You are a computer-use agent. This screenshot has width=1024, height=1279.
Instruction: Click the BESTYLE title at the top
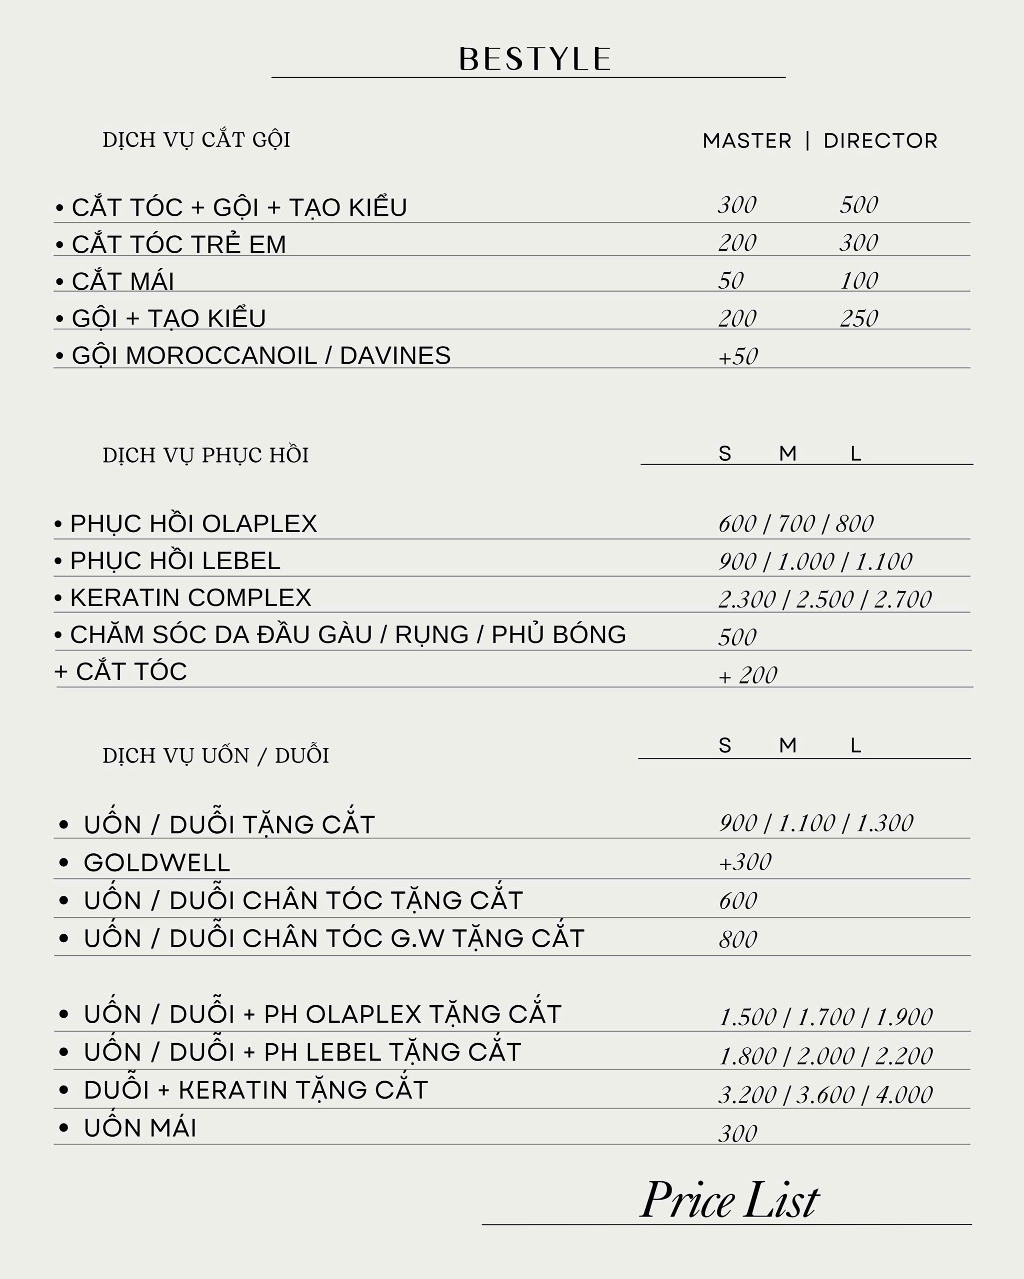tap(535, 59)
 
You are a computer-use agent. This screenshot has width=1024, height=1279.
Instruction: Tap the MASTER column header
tap(747, 141)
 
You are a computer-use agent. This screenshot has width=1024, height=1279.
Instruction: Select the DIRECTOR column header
tap(880, 141)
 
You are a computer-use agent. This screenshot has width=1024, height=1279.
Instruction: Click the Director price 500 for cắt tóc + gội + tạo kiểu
tap(858, 205)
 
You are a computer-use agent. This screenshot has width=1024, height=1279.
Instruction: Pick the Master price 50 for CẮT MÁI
tap(731, 281)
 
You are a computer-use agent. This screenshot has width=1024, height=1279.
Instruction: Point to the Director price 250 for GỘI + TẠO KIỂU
tap(858, 319)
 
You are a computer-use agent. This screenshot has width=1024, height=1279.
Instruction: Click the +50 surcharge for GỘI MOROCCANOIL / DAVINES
tap(738, 357)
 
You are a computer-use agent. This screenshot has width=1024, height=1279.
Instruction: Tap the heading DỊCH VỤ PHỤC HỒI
tap(205, 456)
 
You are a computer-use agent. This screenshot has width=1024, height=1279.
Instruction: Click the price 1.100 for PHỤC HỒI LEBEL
tap(883, 562)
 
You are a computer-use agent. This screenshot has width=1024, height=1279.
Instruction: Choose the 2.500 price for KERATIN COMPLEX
tap(824, 600)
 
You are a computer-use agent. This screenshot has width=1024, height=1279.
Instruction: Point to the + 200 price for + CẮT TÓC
tap(747, 675)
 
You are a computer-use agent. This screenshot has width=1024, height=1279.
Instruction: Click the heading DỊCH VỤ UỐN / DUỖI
tap(215, 756)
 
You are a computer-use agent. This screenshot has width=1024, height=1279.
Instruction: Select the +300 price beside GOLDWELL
tap(745, 862)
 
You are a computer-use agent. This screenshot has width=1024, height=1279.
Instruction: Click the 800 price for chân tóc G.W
tap(738, 940)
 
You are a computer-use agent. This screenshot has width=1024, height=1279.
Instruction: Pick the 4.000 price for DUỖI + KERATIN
tap(904, 1095)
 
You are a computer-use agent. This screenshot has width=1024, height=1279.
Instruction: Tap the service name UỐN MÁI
tap(140, 1128)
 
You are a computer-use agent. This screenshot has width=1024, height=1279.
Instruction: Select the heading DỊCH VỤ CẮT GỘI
tap(196, 140)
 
